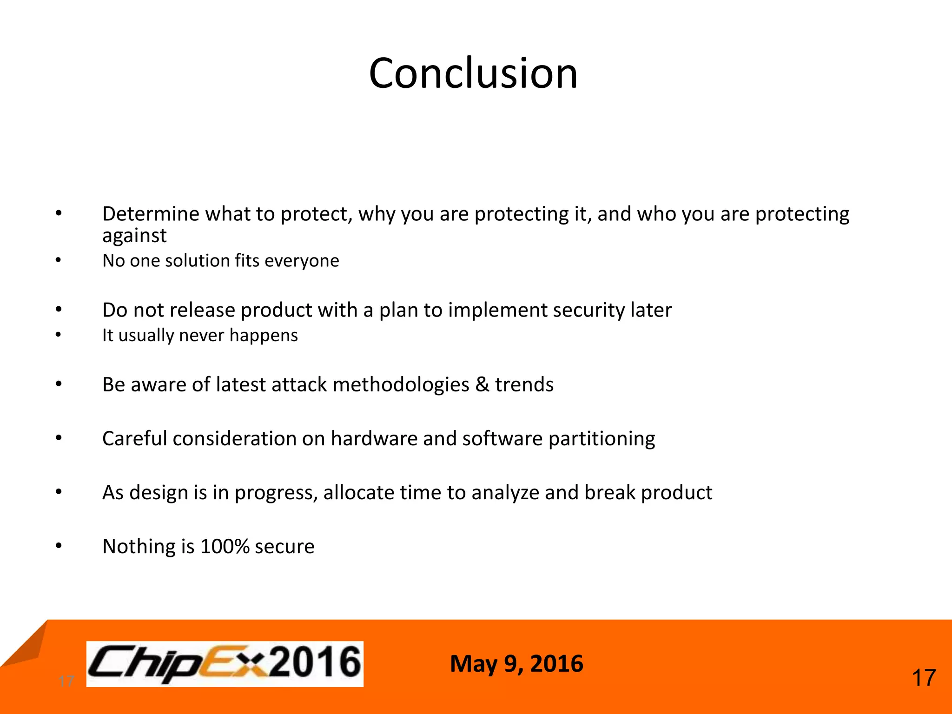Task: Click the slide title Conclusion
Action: tap(473, 73)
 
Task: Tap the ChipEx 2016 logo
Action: tap(225, 663)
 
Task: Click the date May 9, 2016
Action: tap(516, 663)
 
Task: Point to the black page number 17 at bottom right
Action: tap(924, 678)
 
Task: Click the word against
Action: tap(134, 236)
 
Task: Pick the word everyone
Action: tap(302, 261)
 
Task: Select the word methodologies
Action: tap(401, 385)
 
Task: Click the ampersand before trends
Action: tap(482, 385)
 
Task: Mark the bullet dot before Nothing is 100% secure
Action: tap(59, 546)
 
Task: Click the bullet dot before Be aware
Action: tap(59, 384)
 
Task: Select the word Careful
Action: tap(134, 439)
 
